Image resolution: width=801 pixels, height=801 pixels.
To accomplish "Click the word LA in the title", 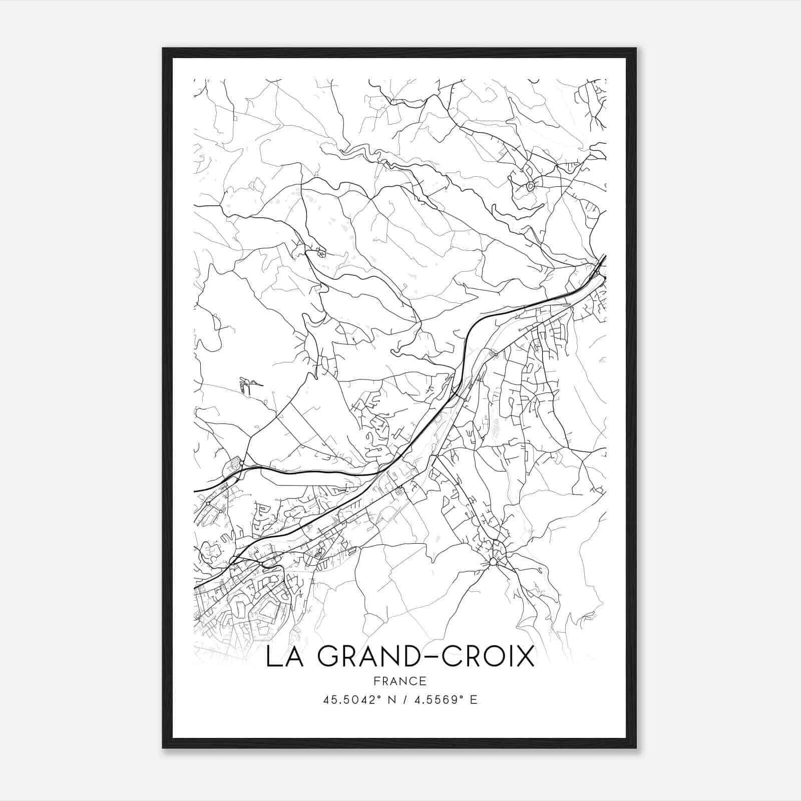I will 282,657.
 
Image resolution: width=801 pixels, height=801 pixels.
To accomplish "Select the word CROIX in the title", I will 487,657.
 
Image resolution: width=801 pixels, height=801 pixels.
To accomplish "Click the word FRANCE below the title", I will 400,681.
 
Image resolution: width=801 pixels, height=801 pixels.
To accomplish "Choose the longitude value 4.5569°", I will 435,700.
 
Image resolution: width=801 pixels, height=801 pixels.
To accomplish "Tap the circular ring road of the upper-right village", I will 531,186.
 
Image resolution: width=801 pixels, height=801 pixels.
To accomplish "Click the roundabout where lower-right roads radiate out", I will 493,562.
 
